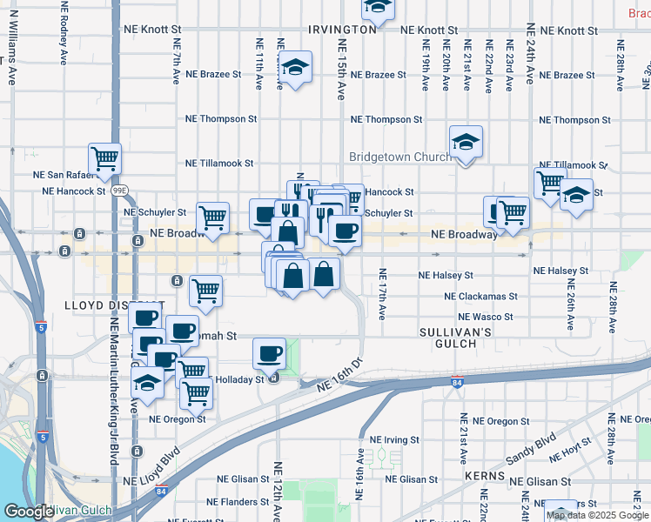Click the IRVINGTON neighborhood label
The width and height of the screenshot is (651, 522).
[342, 29]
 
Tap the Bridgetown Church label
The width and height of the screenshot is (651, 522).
[400, 157]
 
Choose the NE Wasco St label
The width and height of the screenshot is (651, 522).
[486, 318]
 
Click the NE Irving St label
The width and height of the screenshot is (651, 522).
[400, 440]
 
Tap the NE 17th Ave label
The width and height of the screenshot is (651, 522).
[382, 294]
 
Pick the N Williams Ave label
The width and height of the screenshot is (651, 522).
[12, 57]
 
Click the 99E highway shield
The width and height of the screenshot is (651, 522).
[120, 190]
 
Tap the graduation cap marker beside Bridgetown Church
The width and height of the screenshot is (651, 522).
[466, 142]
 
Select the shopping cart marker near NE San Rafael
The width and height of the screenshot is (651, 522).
[104, 159]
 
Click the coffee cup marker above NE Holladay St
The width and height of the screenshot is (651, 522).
[269, 353]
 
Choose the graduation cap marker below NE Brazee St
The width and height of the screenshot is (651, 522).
[295, 67]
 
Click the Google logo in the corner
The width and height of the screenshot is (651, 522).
[28, 512]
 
